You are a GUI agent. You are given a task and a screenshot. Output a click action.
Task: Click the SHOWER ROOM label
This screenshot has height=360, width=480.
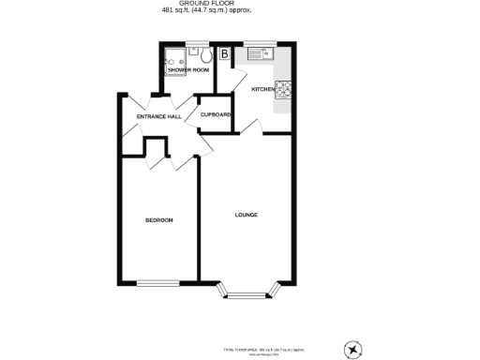(187, 70)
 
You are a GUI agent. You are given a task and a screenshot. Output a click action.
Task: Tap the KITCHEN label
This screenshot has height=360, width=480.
(262, 89)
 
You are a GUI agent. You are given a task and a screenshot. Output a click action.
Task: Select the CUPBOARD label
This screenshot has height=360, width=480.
(216, 116)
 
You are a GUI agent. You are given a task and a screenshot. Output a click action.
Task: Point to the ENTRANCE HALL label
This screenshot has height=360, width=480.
(158, 116)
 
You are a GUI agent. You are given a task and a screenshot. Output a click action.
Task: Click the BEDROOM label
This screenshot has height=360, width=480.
(158, 220)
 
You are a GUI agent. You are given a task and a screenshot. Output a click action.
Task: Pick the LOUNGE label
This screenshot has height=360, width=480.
(246, 216)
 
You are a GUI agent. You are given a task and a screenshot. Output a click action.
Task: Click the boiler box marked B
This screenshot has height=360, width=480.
(224, 54)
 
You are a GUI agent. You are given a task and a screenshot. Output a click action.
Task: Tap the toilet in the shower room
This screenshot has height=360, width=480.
(204, 55)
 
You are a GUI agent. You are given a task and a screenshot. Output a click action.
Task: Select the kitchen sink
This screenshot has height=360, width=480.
(259, 54)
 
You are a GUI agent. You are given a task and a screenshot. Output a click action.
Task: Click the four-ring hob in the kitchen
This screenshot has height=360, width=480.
(285, 90)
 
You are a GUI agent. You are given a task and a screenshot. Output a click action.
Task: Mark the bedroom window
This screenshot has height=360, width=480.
(157, 282)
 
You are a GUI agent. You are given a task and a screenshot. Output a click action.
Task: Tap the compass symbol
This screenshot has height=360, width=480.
(352, 350)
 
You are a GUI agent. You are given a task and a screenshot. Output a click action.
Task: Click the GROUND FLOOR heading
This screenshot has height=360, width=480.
(240, 5)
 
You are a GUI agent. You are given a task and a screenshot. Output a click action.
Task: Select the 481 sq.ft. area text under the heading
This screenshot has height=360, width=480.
(240, 12)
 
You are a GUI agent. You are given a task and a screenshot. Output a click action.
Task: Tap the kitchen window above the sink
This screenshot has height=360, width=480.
(259, 43)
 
